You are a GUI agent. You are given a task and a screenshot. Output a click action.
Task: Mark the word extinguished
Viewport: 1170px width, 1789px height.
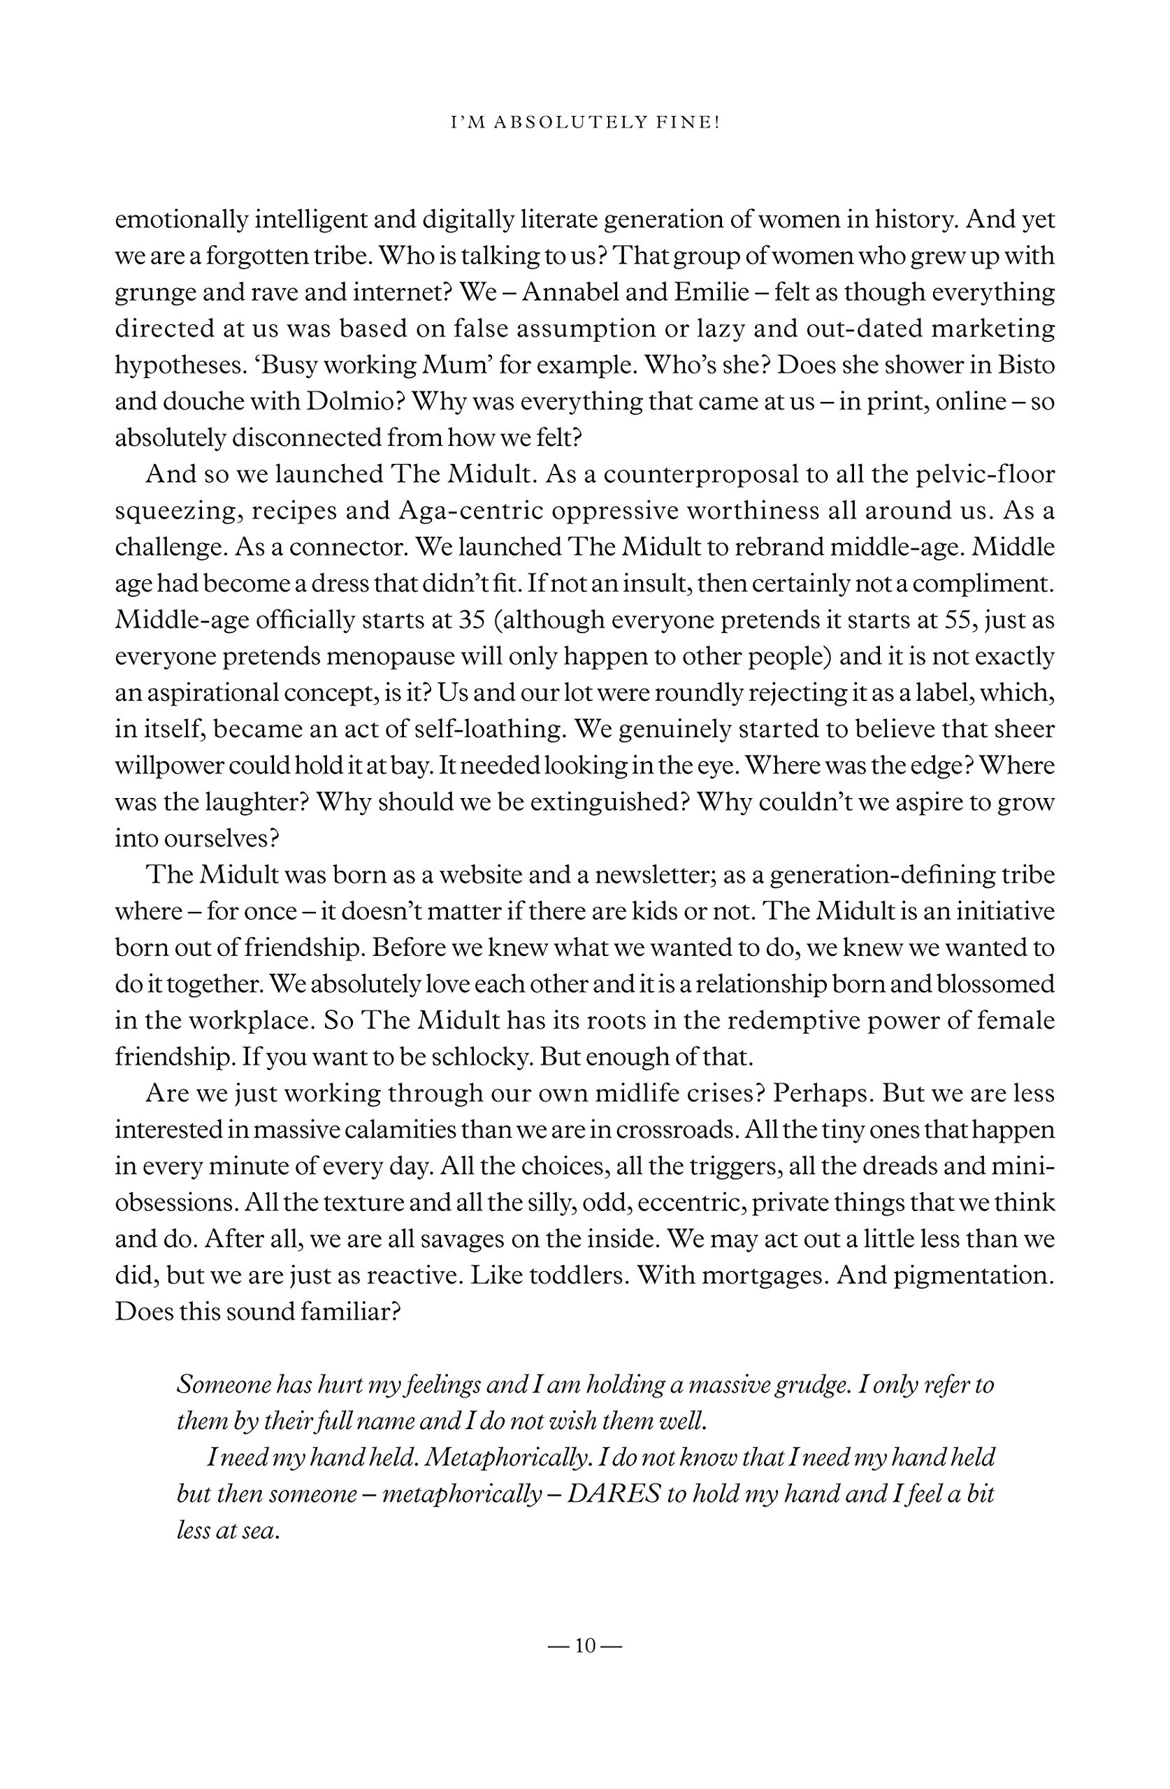point(608,802)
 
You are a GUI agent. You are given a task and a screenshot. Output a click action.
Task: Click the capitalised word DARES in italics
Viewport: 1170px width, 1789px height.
point(612,1493)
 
